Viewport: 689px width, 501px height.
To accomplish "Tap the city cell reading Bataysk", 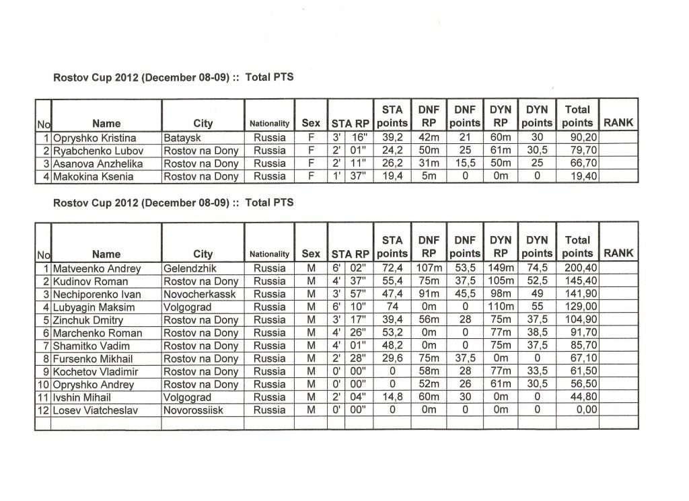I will coord(182,138).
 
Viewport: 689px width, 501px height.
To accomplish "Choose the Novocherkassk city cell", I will coord(198,295).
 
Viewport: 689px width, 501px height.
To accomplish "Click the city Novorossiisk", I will coord(196,410).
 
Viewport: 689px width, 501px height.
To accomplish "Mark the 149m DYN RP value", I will coord(499,268).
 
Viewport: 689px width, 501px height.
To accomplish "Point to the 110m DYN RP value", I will coord(499,307).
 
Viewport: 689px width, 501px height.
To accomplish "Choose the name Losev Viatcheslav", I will coord(96,410).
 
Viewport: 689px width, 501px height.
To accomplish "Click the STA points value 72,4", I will coord(392,268).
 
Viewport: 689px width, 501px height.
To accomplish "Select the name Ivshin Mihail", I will coord(84,397).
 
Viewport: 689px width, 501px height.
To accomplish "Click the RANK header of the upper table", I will coord(618,123).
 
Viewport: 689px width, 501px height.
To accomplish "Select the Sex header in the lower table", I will coord(311,254).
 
